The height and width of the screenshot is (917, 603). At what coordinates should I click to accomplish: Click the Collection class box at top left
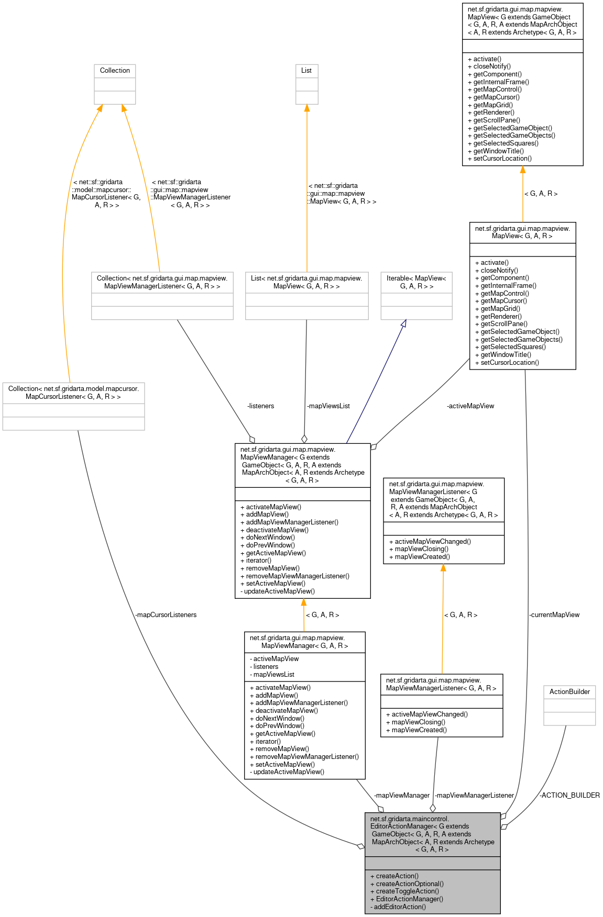coord(115,84)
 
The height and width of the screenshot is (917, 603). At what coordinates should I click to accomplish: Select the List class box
coord(306,84)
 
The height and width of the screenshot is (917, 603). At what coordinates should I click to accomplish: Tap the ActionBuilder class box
coord(569,705)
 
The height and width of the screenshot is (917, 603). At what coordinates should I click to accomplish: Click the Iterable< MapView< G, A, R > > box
coord(416,295)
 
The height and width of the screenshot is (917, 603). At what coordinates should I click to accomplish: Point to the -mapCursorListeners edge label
coord(166,614)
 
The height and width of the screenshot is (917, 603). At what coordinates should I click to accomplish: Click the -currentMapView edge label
coord(554,614)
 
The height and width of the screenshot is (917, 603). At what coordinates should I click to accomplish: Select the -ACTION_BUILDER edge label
coord(569,795)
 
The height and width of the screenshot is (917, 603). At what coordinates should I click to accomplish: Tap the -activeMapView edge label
coord(470,406)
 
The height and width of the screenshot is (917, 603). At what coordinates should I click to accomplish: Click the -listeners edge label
coord(260,406)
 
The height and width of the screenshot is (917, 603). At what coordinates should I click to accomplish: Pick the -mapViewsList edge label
coord(328,406)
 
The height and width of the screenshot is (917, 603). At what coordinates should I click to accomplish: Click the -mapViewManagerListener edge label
coord(475,795)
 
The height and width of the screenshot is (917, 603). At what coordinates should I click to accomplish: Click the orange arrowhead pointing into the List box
coord(306,108)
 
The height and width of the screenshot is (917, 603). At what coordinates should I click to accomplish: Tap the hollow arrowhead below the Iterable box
coord(403,323)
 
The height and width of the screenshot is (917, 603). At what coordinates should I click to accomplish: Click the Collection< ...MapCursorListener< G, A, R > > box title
coord(73,393)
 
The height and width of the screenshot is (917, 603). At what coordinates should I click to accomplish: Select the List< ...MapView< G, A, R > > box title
coord(306,282)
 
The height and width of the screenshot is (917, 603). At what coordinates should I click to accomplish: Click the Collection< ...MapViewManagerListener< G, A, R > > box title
coord(162,282)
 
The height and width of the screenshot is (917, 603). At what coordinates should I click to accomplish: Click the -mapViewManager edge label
coord(402,795)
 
